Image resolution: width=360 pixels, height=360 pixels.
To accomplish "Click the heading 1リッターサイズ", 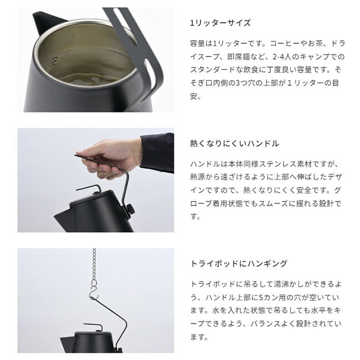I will [220, 23].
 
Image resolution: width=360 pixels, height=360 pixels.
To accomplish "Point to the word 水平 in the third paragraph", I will [319, 310].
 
